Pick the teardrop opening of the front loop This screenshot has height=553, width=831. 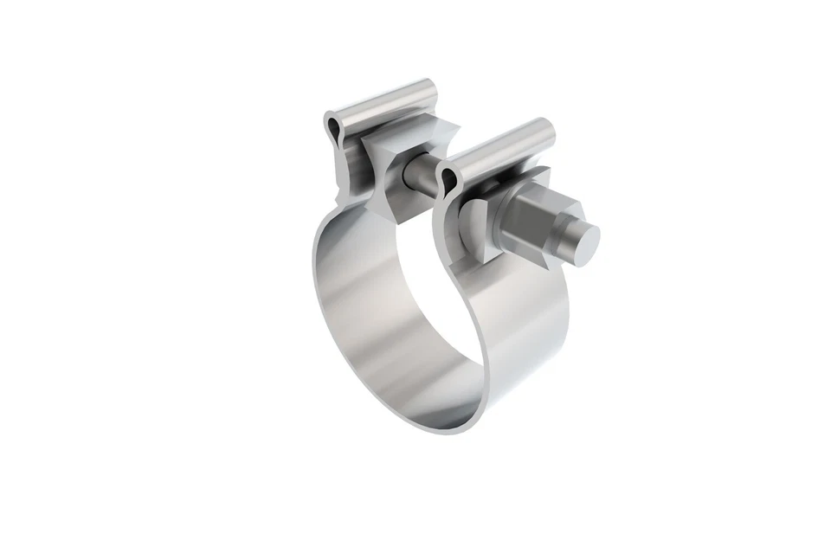coord(448,179)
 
